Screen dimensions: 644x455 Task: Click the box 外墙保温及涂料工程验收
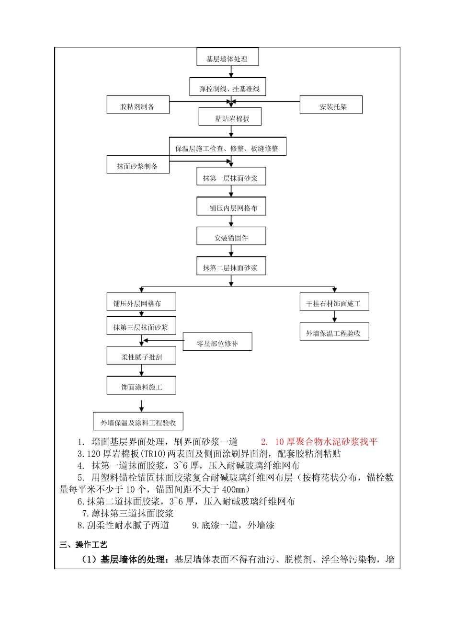pos(138,422)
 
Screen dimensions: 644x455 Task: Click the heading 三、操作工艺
pos(83,545)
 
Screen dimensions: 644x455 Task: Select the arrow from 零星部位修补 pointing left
pos(163,341)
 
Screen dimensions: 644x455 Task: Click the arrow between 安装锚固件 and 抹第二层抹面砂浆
pos(231,251)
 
